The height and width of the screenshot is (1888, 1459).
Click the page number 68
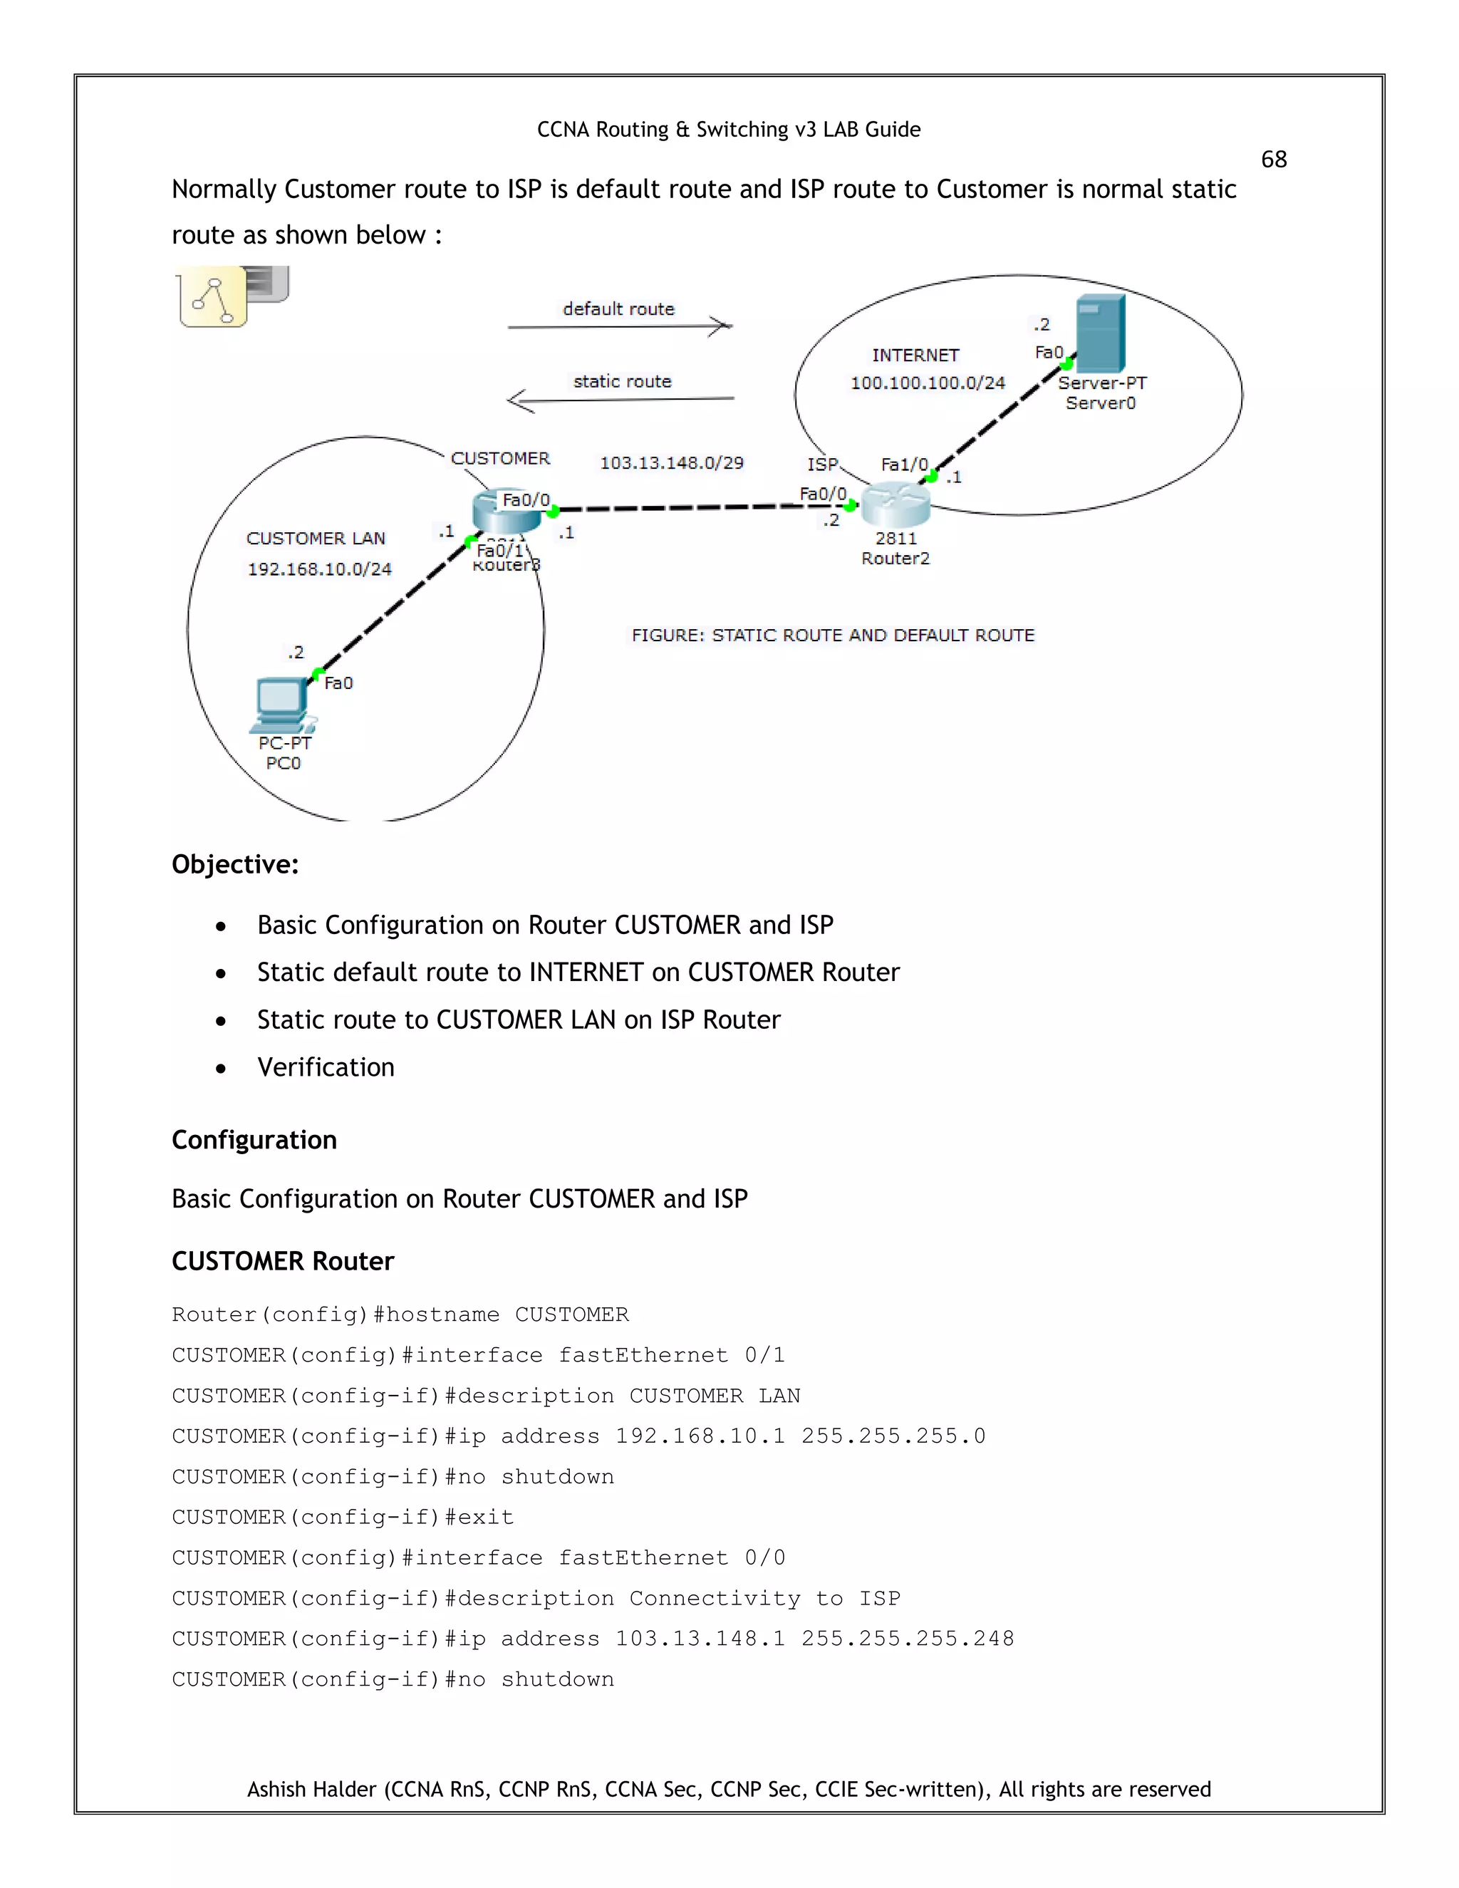tap(1273, 159)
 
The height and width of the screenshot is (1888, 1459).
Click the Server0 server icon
tap(1100, 335)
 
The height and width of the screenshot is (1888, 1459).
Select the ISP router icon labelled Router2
tap(895, 505)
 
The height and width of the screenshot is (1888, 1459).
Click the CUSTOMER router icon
tap(506, 512)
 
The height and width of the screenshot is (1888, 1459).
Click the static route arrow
tap(620, 400)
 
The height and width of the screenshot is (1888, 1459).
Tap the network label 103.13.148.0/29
tap(672, 462)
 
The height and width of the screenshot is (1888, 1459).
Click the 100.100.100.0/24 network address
tap(928, 383)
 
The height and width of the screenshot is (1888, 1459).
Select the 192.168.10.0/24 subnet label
tap(319, 569)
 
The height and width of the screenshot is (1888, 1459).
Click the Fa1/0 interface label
tap(904, 465)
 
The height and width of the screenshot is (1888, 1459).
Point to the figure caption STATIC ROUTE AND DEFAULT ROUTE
tap(832, 636)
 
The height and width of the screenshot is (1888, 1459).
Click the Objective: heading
tap(235, 864)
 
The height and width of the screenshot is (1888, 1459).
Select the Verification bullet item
tap(325, 1068)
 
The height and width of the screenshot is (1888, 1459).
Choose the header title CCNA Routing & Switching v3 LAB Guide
tap(729, 130)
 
